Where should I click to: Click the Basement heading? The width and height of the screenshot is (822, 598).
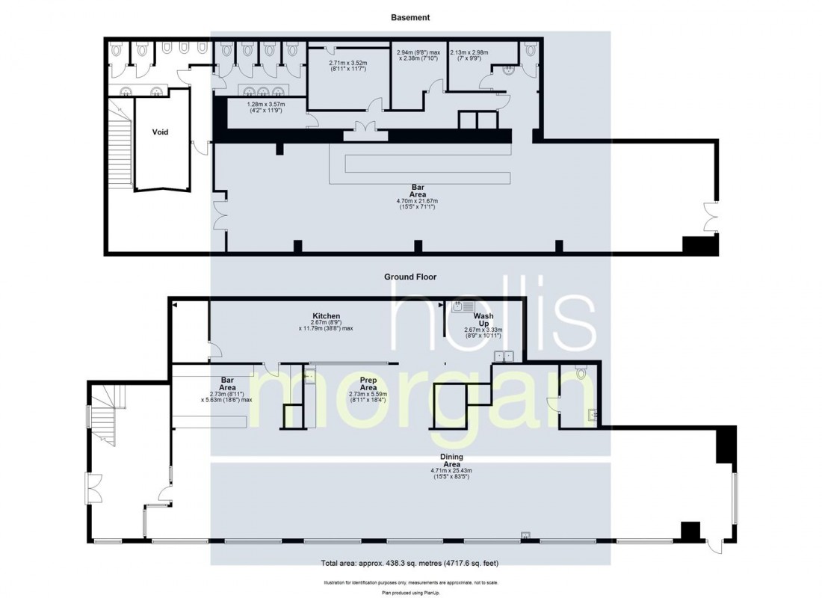click(410, 16)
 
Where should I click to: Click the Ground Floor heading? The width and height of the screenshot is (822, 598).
click(410, 277)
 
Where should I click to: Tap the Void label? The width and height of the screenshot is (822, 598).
click(160, 132)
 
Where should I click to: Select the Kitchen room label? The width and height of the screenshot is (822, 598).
click(326, 316)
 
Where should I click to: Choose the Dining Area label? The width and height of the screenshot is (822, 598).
click(451, 460)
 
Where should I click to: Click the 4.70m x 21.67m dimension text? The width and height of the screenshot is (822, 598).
click(417, 201)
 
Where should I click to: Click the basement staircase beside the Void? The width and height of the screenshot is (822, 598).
click(120, 149)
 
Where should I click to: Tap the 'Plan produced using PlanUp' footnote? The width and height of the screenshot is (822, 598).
click(410, 591)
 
